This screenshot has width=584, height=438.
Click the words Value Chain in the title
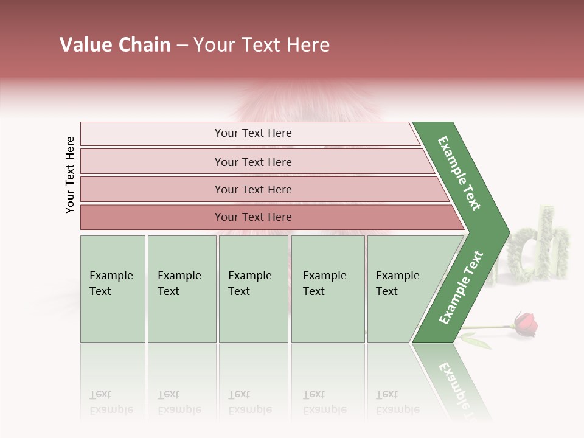point(115,45)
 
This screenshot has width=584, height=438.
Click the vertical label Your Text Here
point(70,175)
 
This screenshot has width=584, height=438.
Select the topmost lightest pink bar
point(252,133)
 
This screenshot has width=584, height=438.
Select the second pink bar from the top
point(252,162)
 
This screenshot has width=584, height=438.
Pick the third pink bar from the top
point(252,189)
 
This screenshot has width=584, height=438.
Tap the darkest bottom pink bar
point(252,217)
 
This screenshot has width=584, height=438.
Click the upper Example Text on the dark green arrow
point(460,173)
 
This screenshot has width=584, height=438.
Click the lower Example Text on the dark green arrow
point(461,288)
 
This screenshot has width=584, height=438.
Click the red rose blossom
point(526,324)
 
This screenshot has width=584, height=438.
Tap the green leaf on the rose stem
point(478,341)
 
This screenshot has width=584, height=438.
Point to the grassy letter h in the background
point(555,243)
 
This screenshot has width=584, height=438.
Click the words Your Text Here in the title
point(262,45)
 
